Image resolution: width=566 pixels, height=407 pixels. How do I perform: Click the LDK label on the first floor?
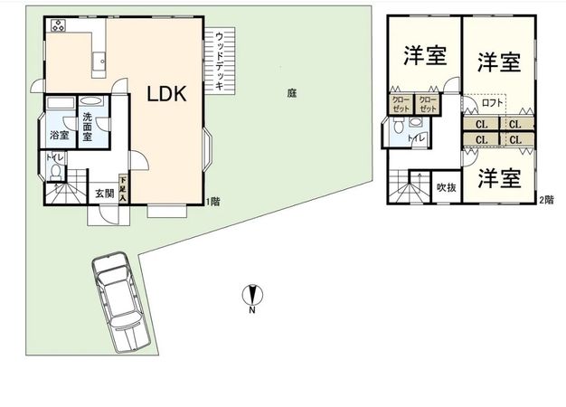pos(167,94)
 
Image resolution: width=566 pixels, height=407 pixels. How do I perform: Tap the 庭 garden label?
pos(291,92)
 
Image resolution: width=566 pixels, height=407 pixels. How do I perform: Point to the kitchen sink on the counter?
pos(98,63)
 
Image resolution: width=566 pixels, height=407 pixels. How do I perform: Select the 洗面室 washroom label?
pos(89,123)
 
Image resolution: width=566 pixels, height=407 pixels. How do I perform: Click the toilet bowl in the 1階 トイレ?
pos(57,169)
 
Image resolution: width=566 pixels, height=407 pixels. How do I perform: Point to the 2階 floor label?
pos(546,199)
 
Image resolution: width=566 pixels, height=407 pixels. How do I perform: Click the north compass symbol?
pos(252,294)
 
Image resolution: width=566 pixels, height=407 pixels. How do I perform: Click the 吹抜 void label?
pos(445,188)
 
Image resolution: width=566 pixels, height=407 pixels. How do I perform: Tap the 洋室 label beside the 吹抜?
pos(499,176)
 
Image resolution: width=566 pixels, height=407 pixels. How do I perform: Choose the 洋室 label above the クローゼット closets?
pos(424,56)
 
